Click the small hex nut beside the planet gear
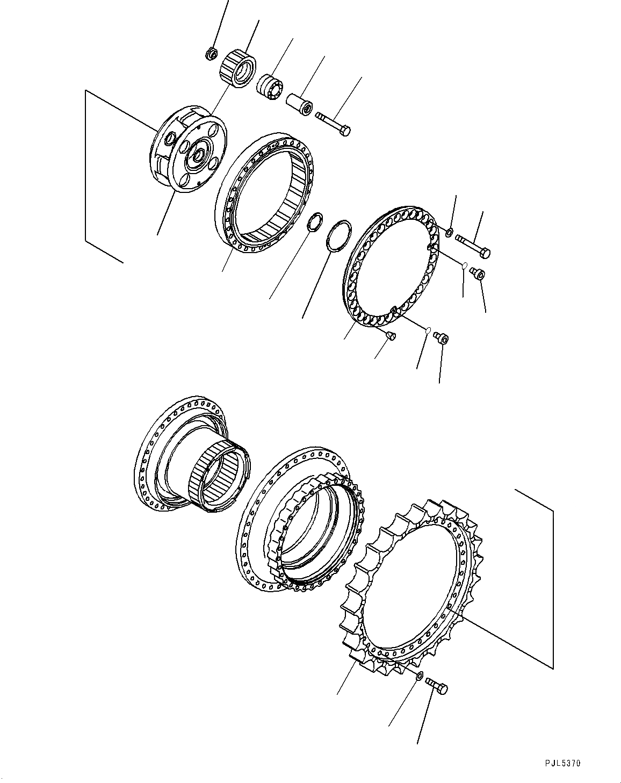click(x=212, y=53)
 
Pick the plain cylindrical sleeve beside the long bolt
click(x=299, y=103)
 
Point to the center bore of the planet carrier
click(x=199, y=154)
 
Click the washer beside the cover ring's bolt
click(x=449, y=232)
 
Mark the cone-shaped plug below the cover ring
click(x=390, y=336)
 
